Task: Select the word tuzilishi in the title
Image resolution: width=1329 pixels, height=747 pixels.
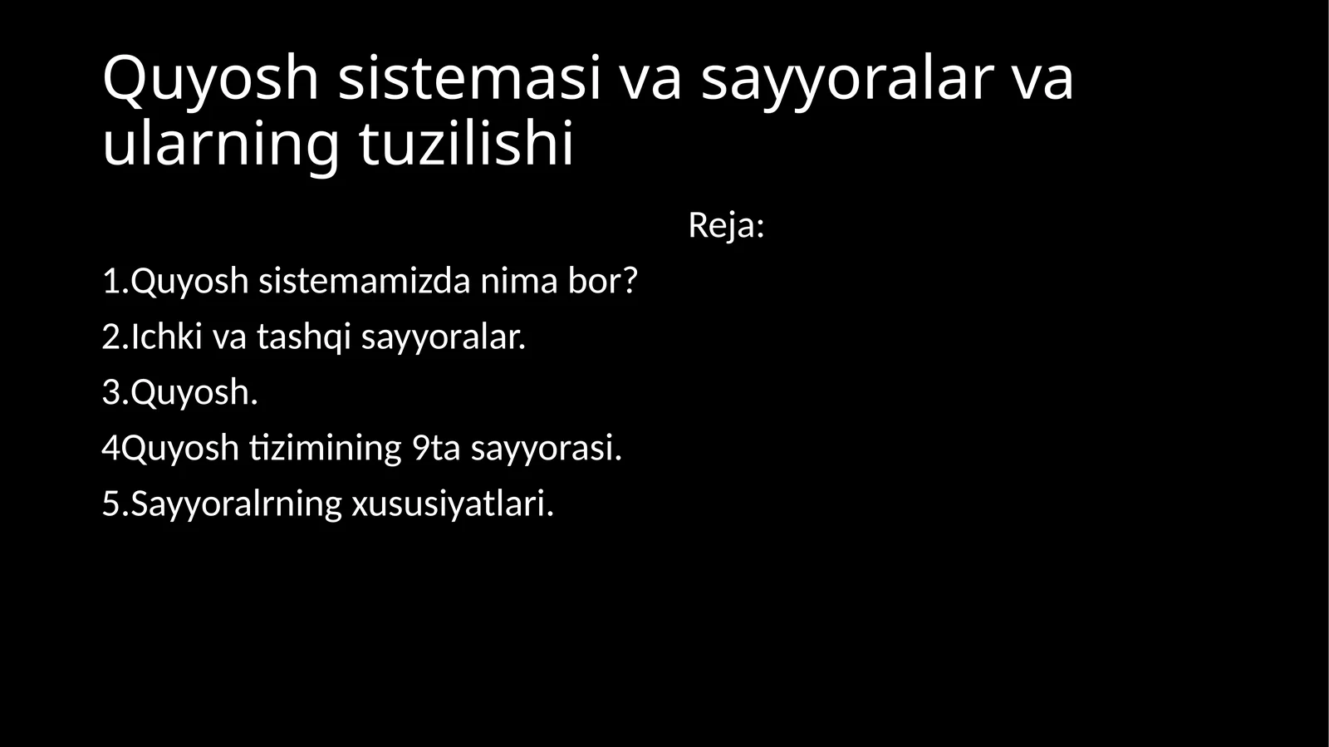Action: pyautogui.click(x=466, y=143)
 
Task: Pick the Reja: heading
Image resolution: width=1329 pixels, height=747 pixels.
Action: pyautogui.click(x=726, y=225)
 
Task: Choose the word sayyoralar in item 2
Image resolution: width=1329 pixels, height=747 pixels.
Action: pyautogui.click(x=443, y=337)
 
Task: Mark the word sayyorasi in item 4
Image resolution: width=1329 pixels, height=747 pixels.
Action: pyautogui.click(x=546, y=448)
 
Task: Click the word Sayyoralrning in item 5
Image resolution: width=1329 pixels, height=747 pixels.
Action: pyautogui.click(x=236, y=504)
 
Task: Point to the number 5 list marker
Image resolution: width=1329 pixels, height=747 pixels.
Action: pyautogui.click(x=111, y=504)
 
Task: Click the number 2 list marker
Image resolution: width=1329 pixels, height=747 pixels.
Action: pyautogui.click(x=111, y=337)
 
